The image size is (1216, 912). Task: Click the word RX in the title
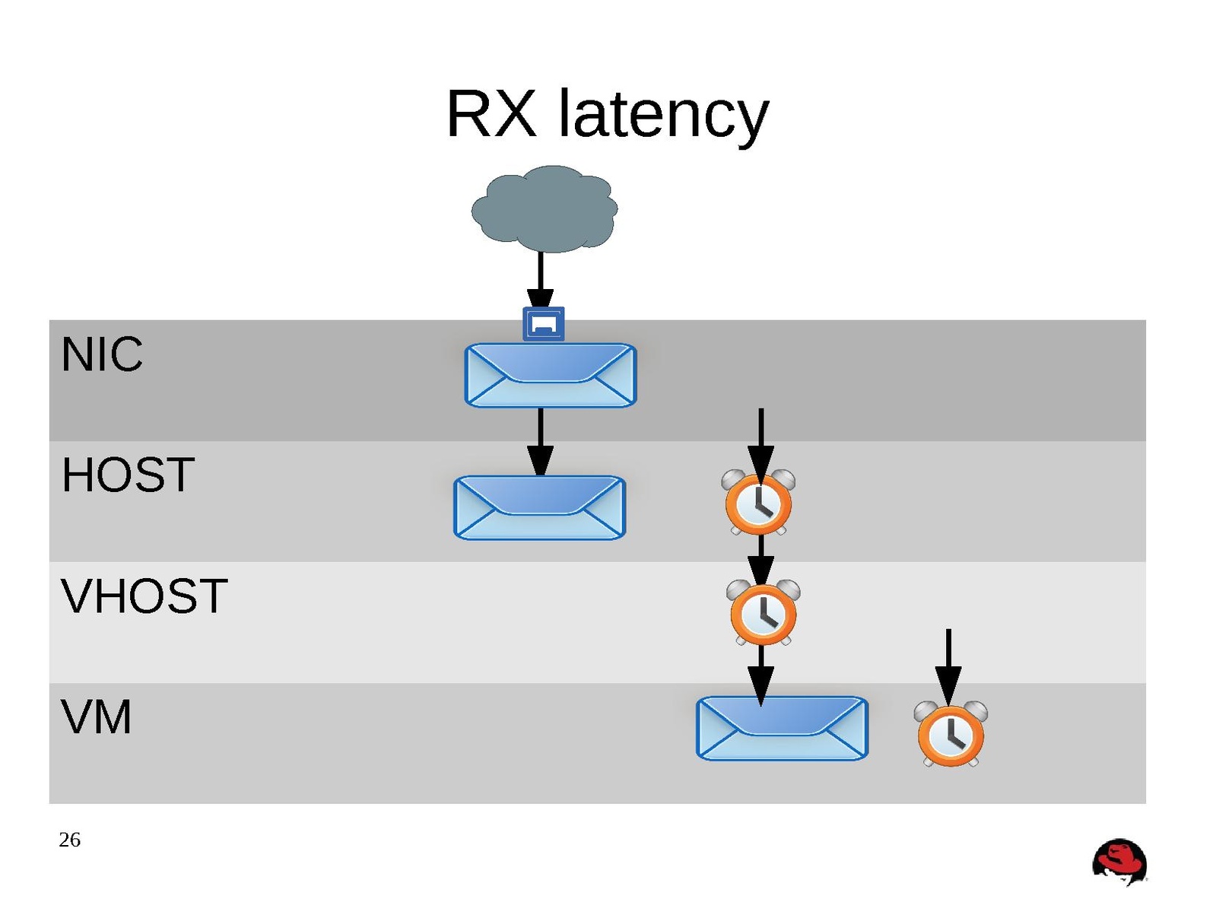(491, 114)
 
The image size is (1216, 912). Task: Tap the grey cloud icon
(544, 208)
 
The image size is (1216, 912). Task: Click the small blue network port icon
(543, 324)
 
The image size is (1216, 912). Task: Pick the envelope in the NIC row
(550, 375)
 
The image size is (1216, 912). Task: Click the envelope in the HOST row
(539, 507)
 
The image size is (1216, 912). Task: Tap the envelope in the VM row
(782, 728)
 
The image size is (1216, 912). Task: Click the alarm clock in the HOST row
(759, 503)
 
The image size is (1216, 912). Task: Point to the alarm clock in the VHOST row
(764, 613)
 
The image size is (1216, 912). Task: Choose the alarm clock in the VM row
(951, 734)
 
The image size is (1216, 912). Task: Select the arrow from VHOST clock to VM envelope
(760, 673)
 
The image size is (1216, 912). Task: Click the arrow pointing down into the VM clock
(948, 662)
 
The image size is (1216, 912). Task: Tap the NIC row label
(102, 354)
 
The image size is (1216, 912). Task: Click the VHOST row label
(144, 596)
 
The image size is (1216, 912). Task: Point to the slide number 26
(69, 840)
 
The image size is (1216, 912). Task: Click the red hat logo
(1119, 862)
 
